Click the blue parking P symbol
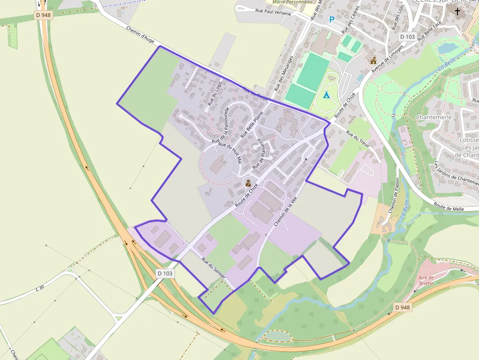[x=332, y=20]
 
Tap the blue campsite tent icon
[x=326, y=95]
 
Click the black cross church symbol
[x=457, y=11]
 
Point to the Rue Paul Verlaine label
[x=273, y=12]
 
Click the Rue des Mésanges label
[x=284, y=73]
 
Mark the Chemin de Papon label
[x=394, y=198]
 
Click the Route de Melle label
[x=449, y=207]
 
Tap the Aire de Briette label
[x=426, y=280]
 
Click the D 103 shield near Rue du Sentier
[x=165, y=273]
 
